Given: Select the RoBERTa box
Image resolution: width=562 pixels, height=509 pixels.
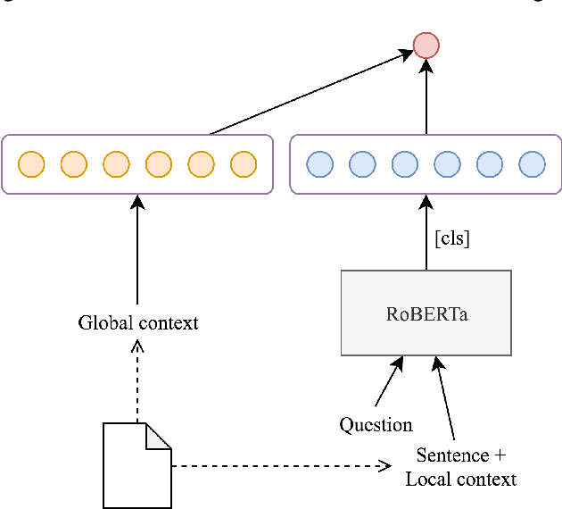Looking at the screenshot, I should [x=426, y=313].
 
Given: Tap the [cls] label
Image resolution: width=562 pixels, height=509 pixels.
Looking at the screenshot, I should [x=451, y=238].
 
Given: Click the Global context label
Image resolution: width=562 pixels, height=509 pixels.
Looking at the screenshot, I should [x=138, y=322].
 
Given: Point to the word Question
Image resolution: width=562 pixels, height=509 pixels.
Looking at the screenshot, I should [x=376, y=425].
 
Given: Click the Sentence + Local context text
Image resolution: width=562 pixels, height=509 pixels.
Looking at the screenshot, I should [x=460, y=467].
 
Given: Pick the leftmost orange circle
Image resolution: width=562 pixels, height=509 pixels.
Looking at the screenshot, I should [x=31, y=164].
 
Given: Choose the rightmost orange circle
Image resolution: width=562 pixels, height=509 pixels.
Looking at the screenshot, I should [x=244, y=164].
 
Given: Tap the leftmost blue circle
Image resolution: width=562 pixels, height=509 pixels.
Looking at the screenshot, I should [x=319, y=164].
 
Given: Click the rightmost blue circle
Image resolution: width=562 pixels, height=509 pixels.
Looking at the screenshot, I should [x=532, y=164].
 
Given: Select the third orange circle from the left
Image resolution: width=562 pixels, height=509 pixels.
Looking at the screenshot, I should [x=116, y=164].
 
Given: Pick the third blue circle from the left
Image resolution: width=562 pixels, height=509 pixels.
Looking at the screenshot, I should [x=404, y=164].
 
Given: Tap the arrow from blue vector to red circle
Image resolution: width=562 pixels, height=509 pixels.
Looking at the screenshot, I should [x=426, y=98].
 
